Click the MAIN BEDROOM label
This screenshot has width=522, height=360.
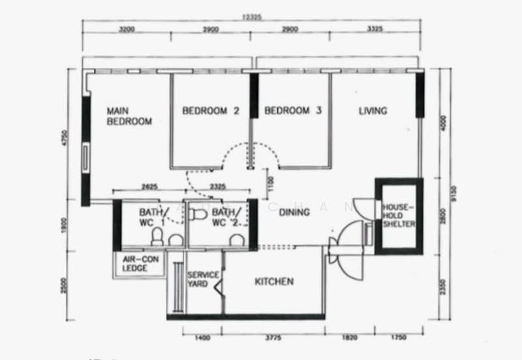[x=129, y=116]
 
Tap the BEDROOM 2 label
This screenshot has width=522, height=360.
[x=211, y=111]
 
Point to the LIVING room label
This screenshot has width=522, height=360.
[x=373, y=111]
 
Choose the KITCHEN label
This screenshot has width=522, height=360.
[x=273, y=282]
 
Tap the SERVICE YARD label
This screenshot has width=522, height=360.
[x=203, y=279]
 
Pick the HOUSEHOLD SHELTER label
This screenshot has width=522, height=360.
[x=399, y=216]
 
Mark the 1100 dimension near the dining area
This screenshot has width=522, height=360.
[x=269, y=186]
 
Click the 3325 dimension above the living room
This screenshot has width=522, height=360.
[x=375, y=30]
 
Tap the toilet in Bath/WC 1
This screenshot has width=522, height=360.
[x=157, y=238]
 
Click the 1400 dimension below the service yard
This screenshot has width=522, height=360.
[x=202, y=337]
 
